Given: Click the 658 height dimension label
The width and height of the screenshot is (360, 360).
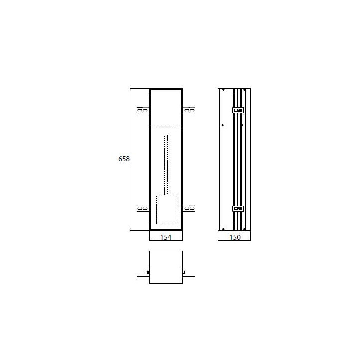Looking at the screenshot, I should pos(124,159).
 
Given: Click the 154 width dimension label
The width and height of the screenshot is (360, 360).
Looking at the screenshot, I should pos(166,237).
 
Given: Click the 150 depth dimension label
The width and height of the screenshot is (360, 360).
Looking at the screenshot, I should pos(235,237).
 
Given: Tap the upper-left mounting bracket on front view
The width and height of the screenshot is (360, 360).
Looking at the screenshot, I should pos(143,110).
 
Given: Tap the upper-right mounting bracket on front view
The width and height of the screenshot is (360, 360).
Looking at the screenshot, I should pos(189,110).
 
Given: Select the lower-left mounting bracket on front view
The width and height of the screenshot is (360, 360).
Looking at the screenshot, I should pos(143,209).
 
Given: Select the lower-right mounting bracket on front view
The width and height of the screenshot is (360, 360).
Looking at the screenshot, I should pos(189,209).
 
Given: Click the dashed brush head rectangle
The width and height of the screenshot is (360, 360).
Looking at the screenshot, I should pos(166,209).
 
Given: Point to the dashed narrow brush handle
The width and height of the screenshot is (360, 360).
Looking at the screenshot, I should pos(166,164).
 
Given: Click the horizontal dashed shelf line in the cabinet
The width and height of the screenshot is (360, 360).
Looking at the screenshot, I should pos(166,124).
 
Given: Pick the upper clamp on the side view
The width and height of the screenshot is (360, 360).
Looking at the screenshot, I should pos(238,110).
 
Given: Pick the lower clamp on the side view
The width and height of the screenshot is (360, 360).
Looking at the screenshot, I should pos(238,209).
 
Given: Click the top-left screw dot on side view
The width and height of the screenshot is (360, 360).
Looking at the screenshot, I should pos(223,90).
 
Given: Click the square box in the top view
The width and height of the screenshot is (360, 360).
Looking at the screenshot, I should pos(166,267).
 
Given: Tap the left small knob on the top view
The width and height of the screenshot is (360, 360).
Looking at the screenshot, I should pos(148,272).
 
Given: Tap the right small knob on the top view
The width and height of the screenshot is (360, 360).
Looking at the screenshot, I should pos(184,272).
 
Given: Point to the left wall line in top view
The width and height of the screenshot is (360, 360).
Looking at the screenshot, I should pos(142,276).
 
